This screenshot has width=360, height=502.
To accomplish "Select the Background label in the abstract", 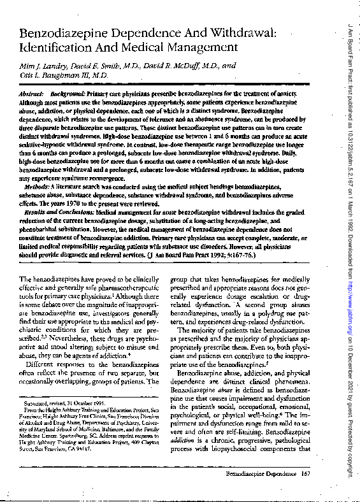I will [68, 93].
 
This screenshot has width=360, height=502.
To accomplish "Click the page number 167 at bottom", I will [305, 475].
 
